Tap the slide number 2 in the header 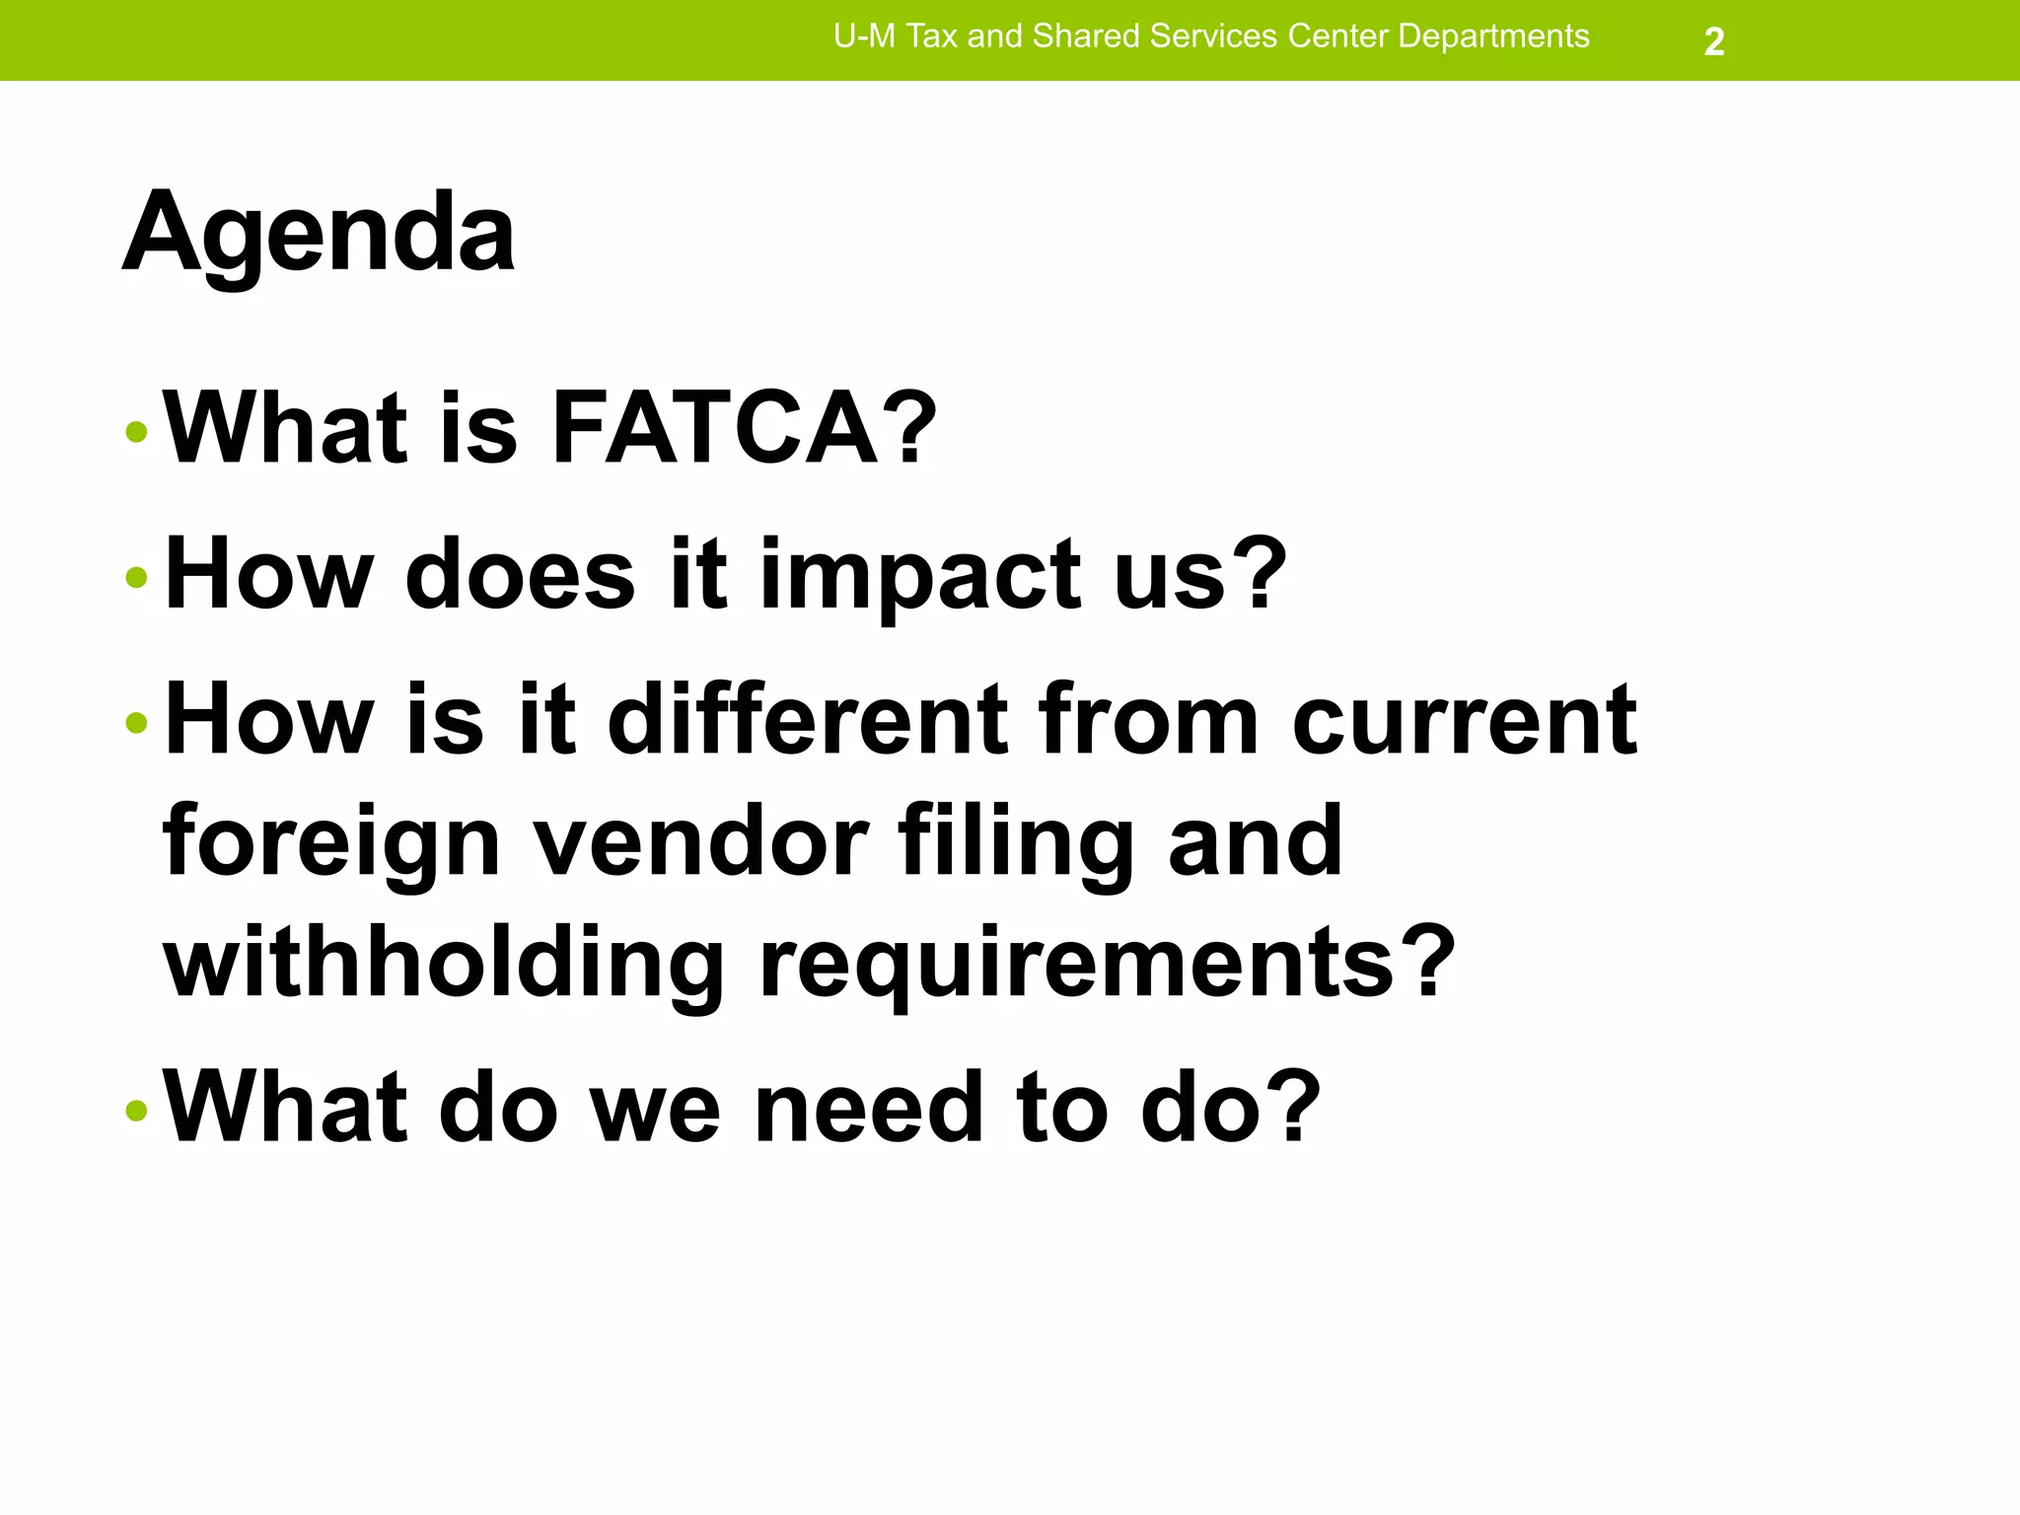(1714, 41)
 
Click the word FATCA (714, 427)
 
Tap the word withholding (443, 962)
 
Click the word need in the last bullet (868, 1107)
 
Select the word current (1464, 720)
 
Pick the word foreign (331, 840)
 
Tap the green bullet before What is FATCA (137, 431)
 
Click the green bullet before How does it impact (137, 577)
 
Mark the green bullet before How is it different (137, 723)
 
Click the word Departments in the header (1493, 36)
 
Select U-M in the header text (864, 36)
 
